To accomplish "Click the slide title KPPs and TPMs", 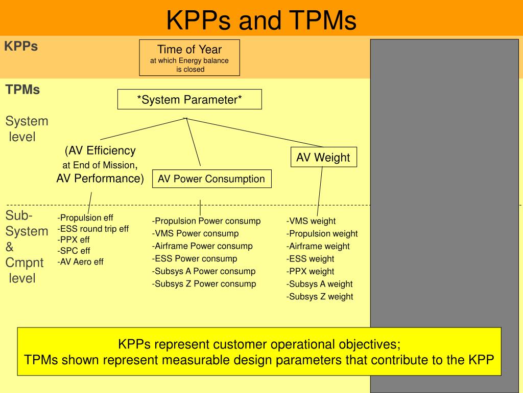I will [261, 20].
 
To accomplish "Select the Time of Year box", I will [189, 58].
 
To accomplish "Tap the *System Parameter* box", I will [189, 99].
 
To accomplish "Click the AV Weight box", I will [323, 158].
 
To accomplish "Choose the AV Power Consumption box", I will [211, 179].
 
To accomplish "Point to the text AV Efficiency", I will [100, 150].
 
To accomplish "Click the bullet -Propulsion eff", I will [85, 217].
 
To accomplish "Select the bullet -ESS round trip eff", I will [93, 229].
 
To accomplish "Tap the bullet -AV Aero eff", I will [81, 261].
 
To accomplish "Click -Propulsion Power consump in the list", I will [206, 221].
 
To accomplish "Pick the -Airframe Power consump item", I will [202, 246].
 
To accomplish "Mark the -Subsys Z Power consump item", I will [204, 283].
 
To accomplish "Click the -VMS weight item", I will [311, 221].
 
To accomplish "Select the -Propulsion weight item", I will [322, 234].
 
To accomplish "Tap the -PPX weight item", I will [311, 271].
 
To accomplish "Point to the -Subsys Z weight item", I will [320, 296].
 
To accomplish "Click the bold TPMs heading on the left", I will [22, 90].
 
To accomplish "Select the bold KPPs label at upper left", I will [21, 47].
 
